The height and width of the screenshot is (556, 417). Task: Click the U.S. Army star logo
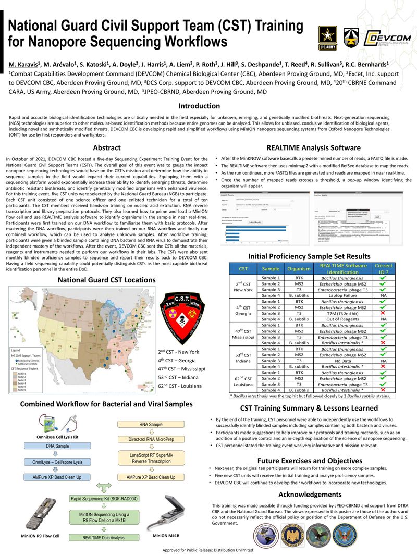click(327, 38)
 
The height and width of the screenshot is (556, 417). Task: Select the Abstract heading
click(106, 148)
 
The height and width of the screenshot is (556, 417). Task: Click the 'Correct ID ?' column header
click(383, 268)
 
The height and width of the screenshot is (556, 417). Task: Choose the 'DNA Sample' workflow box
click(58, 446)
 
